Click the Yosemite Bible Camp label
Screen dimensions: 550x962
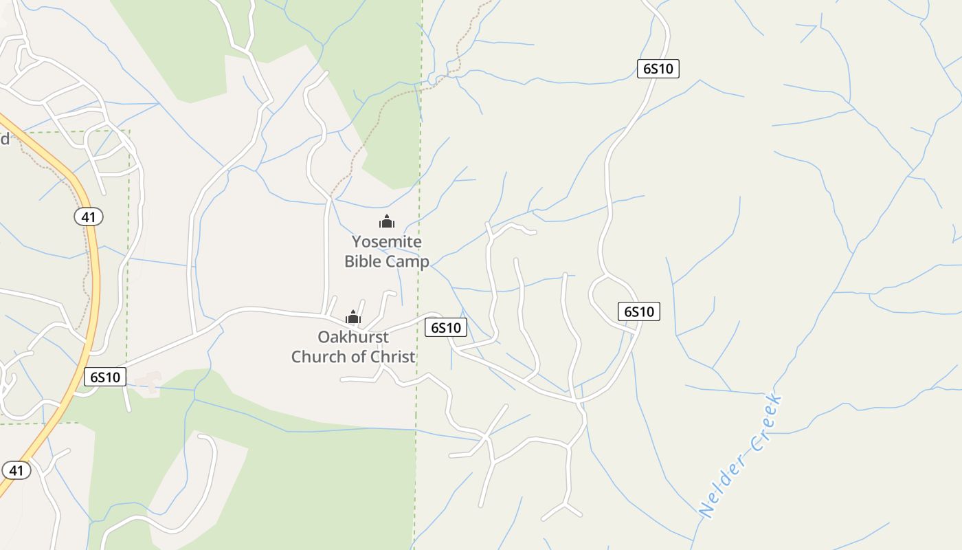(386, 252)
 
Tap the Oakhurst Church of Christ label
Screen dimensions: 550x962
(353, 346)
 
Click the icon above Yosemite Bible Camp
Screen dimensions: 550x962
(387, 221)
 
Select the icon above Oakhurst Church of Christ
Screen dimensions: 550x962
(353, 317)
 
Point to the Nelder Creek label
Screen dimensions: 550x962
(741, 455)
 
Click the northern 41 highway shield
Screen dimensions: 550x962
(88, 217)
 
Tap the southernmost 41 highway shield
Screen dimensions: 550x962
(16, 470)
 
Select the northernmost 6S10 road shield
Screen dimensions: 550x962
(658, 69)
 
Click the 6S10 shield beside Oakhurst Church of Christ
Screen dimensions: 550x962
(446, 327)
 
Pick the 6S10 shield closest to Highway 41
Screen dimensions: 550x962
(105, 377)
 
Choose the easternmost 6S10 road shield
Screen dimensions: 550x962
(638, 311)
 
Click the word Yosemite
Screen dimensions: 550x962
(386, 242)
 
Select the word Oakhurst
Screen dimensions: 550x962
(353, 337)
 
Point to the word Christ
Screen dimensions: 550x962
(390, 356)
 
